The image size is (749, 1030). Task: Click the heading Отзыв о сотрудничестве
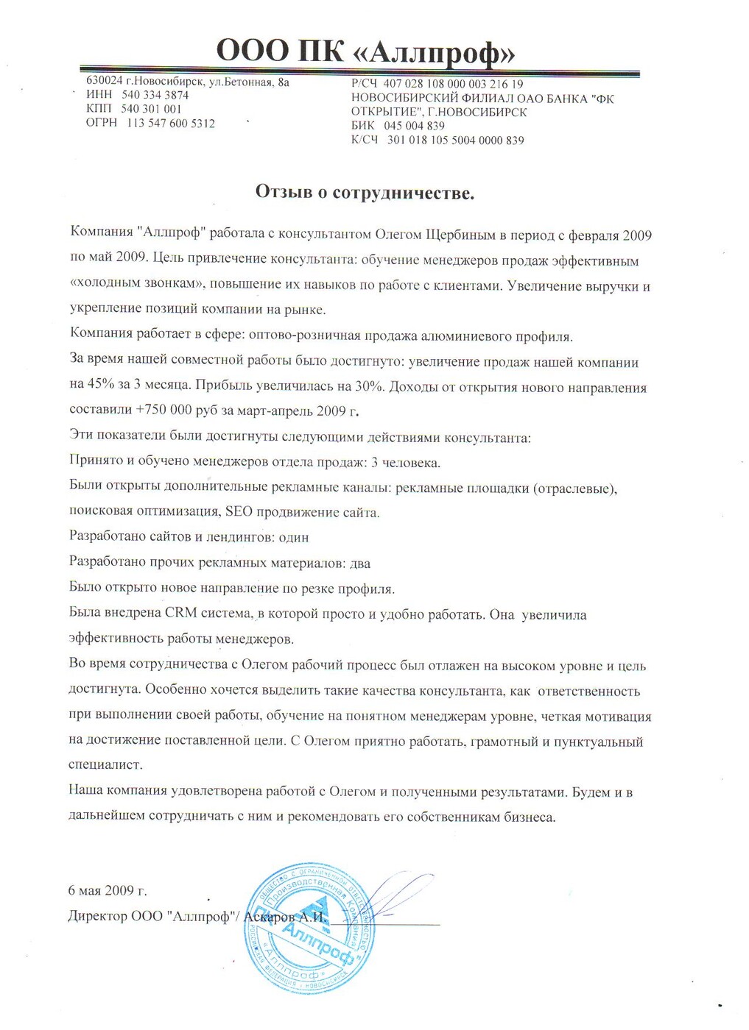[x=365, y=193]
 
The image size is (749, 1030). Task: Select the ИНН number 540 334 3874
[x=155, y=95]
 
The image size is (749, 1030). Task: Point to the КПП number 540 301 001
[x=151, y=109]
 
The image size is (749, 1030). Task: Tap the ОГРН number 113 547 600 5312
[x=171, y=123]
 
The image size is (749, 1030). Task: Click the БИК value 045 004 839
[x=414, y=126]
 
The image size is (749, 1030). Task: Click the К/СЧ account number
[x=455, y=140]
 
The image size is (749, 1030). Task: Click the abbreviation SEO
[x=239, y=512]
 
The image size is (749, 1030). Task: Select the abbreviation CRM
[x=180, y=614]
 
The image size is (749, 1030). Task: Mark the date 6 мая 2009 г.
[x=108, y=890]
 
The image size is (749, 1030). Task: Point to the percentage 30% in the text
[x=370, y=387]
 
